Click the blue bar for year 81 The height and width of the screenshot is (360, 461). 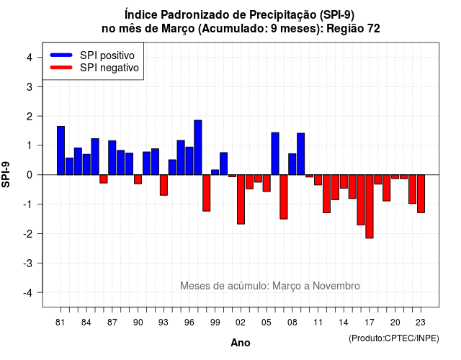tap(61, 150)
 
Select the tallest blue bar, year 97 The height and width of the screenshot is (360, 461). tap(198, 147)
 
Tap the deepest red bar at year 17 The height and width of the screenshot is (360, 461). tap(370, 207)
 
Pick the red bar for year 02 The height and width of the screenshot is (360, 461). tap(241, 199)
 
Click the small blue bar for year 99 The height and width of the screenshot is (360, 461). tap(215, 172)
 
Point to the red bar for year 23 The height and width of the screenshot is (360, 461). tap(421, 194)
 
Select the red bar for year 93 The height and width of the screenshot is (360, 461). tap(164, 185)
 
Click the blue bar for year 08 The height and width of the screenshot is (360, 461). tap(292, 164)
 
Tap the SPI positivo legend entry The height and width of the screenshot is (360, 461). tap(92, 55)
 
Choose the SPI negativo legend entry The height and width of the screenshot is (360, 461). tap(94, 68)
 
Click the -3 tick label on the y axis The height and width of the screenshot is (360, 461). tap(28, 263)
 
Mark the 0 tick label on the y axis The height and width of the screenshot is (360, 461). tap(30, 175)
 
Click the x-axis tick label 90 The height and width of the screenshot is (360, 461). tap(138, 323)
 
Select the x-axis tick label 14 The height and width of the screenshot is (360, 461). tap(344, 323)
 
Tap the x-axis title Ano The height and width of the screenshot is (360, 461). tap(241, 343)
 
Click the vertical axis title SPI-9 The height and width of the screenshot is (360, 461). tap(6, 174)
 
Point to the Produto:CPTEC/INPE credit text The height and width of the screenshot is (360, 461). tap(394, 338)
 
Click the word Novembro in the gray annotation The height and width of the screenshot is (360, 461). tap(336, 286)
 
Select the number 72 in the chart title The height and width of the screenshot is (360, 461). tap(373, 29)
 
